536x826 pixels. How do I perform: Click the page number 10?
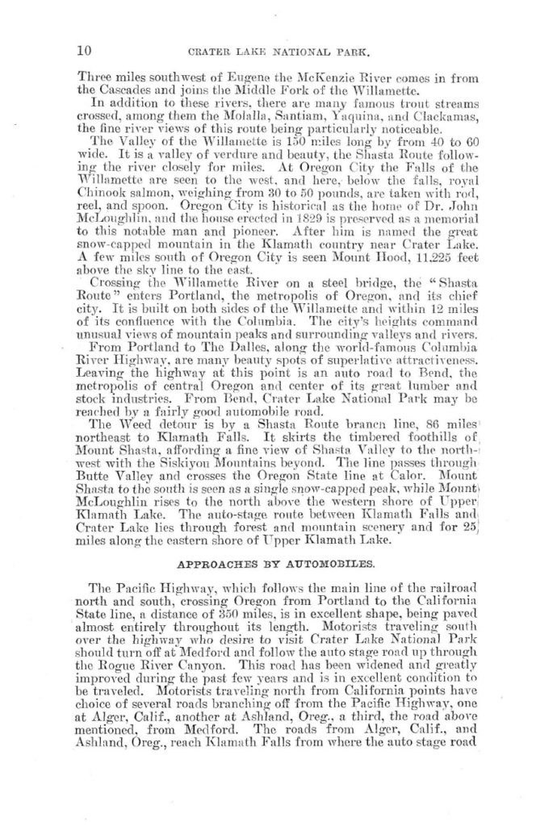point(82,49)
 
